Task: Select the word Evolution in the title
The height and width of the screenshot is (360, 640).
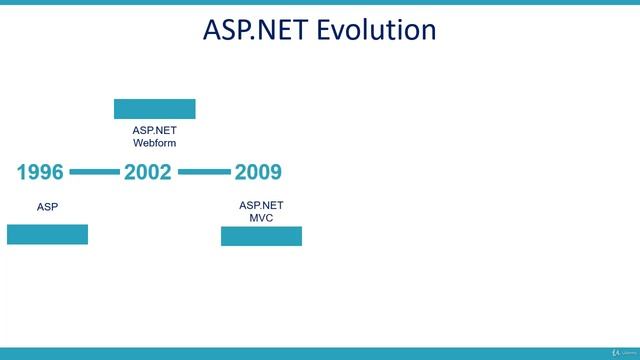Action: [x=376, y=30]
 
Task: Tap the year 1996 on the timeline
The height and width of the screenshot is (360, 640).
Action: [x=40, y=172]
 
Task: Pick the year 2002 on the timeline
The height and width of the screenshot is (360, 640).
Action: [x=148, y=172]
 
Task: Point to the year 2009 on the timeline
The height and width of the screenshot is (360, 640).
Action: [x=258, y=172]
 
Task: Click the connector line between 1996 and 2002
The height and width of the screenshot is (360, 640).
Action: [x=94, y=172]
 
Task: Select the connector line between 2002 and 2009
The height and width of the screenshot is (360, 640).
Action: [x=204, y=172]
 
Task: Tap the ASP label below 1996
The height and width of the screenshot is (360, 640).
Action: [x=47, y=207]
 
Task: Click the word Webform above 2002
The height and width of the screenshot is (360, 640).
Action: [x=154, y=143]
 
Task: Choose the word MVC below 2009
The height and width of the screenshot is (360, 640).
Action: [x=261, y=217]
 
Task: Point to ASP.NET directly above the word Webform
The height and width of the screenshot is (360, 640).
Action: [x=154, y=130]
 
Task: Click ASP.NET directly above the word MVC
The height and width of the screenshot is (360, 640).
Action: [x=261, y=205]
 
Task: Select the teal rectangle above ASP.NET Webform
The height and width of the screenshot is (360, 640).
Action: [x=154, y=109]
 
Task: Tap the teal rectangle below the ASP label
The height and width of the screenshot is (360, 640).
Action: [x=47, y=234]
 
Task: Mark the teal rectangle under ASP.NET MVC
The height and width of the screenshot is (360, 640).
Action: [x=261, y=236]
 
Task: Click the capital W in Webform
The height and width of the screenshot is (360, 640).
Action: [x=138, y=143]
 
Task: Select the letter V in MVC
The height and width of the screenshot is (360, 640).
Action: [x=262, y=217]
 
